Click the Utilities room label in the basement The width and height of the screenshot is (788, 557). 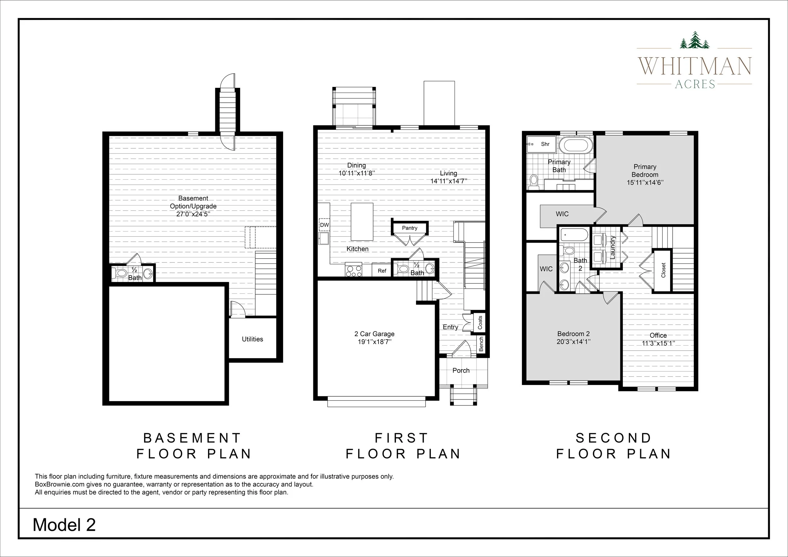click(x=252, y=339)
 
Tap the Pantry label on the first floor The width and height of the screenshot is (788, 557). click(x=409, y=228)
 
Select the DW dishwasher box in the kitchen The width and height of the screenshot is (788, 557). click(x=324, y=225)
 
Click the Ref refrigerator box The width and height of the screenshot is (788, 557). click(x=382, y=271)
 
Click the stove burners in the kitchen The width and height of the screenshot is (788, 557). click(x=354, y=270)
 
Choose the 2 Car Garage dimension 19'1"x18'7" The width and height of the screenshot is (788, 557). click(x=374, y=342)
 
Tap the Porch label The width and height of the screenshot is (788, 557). click(x=461, y=370)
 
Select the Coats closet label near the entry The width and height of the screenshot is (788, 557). click(x=480, y=322)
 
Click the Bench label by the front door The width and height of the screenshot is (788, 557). click(x=481, y=344)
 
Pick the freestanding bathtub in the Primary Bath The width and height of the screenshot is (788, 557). click(x=576, y=146)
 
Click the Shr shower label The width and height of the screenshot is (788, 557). click(x=545, y=144)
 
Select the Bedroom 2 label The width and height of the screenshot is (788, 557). click(x=573, y=334)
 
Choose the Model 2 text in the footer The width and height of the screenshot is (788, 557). click(x=64, y=525)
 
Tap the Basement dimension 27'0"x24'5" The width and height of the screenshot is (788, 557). click(x=193, y=214)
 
